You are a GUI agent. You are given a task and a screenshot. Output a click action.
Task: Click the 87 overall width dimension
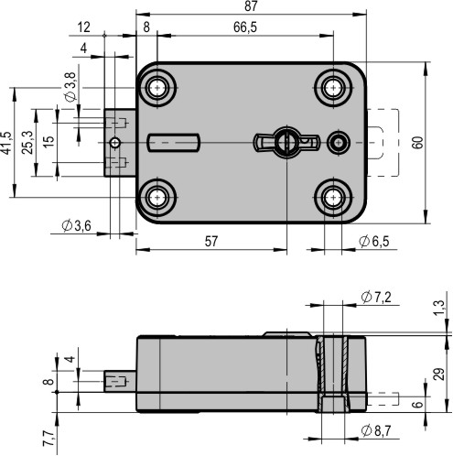click(x=251, y=6)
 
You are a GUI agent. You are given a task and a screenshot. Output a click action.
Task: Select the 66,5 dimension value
click(x=245, y=27)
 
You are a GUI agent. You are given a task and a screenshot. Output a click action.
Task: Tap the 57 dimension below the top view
click(x=211, y=242)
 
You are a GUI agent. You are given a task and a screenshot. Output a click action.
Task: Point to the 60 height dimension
click(x=418, y=143)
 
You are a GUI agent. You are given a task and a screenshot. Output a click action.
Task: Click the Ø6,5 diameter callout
click(x=374, y=242)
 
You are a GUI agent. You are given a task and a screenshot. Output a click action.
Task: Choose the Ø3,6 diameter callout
click(x=76, y=226)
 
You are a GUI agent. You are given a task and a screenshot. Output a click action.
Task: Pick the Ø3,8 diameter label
click(x=70, y=87)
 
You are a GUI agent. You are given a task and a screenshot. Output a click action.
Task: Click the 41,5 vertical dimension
click(x=6, y=143)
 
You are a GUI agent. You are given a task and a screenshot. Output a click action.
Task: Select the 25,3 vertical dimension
click(x=28, y=143)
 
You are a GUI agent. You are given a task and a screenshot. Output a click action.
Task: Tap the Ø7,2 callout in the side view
click(x=376, y=297)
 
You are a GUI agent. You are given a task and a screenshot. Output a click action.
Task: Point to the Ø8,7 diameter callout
click(x=376, y=430)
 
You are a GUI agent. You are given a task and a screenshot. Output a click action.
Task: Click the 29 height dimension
click(x=438, y=374)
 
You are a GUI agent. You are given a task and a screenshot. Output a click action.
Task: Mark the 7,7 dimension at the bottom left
click(x=49, y=438)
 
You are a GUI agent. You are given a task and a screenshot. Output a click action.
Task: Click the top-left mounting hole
click(x=157, y=88)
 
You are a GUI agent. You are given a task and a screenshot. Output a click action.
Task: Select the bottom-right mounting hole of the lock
click(x=333, y=198)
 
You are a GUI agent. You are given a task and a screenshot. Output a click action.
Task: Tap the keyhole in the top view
click(x=287, y=142)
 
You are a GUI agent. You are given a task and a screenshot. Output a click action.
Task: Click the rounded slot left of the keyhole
click(x=174, y=143)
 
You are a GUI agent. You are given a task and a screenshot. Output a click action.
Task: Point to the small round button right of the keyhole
click(x=339, y=143)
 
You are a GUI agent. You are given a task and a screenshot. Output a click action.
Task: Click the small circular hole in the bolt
click(x=115, y=143)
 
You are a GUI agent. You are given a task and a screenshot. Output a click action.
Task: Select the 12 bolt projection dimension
click(x=84, y=27)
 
